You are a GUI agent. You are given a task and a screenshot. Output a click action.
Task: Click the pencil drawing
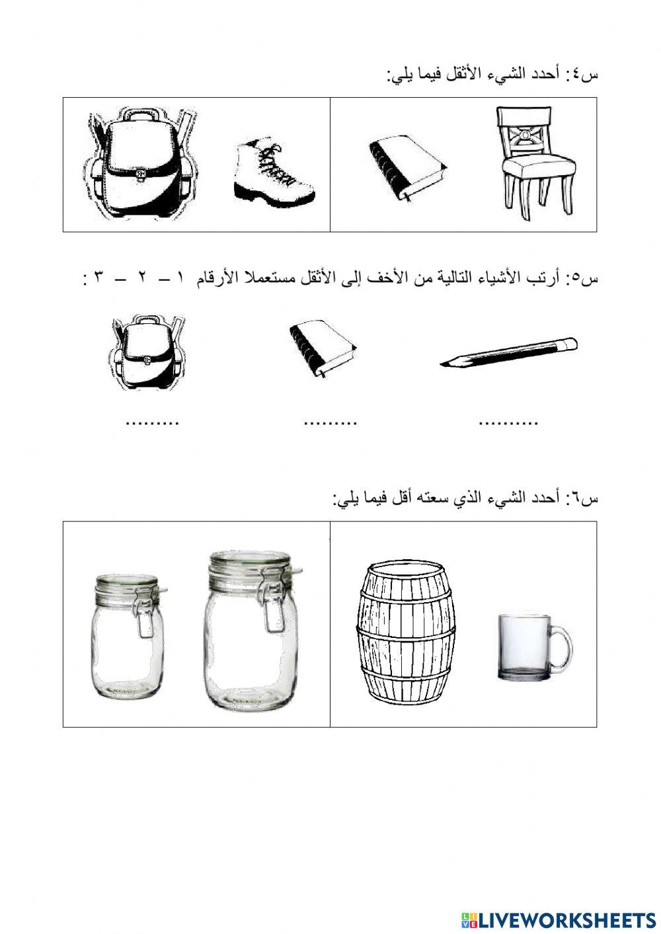(508, 352)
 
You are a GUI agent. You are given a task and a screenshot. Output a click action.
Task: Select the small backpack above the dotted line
(147, 354)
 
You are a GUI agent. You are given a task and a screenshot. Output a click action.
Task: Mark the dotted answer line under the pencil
(508, 422)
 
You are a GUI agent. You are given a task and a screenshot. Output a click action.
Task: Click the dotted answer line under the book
(330, 422)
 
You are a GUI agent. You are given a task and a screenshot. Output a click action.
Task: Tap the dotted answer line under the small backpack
(152, 422)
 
